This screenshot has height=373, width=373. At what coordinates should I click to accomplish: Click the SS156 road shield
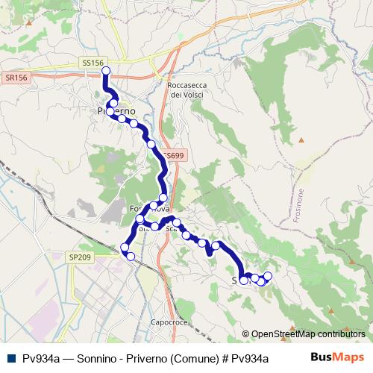(89, 64)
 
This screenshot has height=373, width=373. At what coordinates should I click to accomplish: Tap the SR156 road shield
(15, 77)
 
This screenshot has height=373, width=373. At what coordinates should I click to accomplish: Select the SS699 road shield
(173, 155)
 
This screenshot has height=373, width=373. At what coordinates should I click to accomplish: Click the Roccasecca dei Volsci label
(187, 90)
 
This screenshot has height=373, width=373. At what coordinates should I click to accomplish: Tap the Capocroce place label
(167, 322)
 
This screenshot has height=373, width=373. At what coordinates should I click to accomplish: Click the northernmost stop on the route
(105, 71)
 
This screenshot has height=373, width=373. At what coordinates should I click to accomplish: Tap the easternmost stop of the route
(268, 277)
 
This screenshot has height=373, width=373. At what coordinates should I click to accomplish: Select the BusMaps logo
(338, 357)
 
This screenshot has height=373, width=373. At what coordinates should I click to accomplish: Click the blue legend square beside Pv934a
(10, 358)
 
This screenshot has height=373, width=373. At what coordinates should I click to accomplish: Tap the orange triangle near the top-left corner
(28, 22)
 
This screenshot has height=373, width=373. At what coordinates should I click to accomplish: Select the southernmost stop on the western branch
(131, 257)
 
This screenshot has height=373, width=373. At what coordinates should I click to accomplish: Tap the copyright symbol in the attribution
(245, 334)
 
